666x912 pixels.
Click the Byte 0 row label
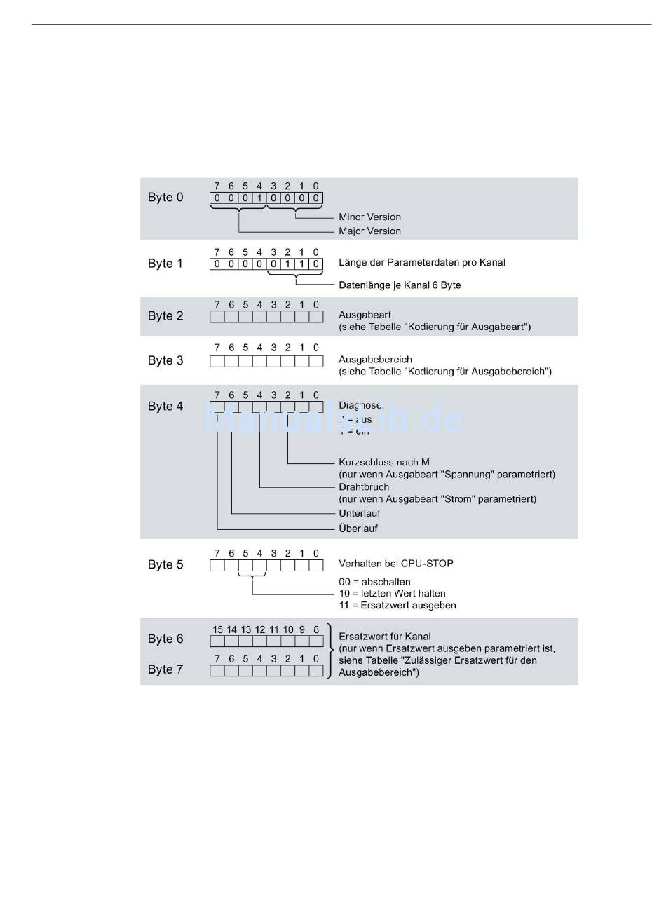click(x=165, y=198)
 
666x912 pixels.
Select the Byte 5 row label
click(x=165, y=565)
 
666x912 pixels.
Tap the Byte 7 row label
click(x=165, y=669)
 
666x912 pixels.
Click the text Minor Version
click(x=369, y=217)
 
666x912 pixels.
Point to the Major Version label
click(x=369, y=231)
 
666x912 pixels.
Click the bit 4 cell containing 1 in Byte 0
click(x=259, y=198)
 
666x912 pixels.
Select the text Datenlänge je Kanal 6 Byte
click(x=400, y=285)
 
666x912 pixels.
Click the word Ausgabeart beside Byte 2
click(x=365, y=315)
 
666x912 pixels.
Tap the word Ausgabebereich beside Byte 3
click(x=375, y=360)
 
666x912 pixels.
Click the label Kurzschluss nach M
click(x=383, y=463)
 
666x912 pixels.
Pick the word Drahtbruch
click(x=364, y=487)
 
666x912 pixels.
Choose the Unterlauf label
click(x=359, y=514)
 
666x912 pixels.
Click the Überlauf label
click(x=358, y=529)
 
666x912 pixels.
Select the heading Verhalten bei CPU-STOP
click(x=396, y=564)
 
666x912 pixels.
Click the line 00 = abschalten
click(x=374, y=582)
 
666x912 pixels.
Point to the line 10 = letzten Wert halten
click(x=392, y=594)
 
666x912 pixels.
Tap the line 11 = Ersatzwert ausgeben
click(x=397, y=606)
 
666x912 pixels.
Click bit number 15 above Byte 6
click(x=217, y=629)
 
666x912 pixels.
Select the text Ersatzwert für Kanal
click(x=384, y=637)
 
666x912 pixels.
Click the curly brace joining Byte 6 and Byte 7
click(x=330, y=650)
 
